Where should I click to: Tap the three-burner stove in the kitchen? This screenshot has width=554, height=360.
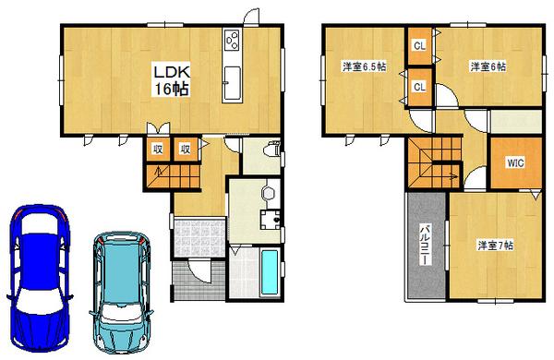[x=231, y=42]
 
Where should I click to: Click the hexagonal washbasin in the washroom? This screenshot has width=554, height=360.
[x=268, y=192]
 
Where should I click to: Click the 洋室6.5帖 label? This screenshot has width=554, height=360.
[x=363, y=66]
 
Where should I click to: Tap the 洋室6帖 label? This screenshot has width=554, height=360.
[x=487, y=66]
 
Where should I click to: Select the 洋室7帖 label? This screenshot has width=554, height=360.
[x=495, y=246]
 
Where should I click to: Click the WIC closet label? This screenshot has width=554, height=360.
[x=514, y=163]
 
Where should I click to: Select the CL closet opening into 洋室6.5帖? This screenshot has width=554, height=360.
[x=418, y=87]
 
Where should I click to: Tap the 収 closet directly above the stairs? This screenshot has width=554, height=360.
[x=158, y=149]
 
